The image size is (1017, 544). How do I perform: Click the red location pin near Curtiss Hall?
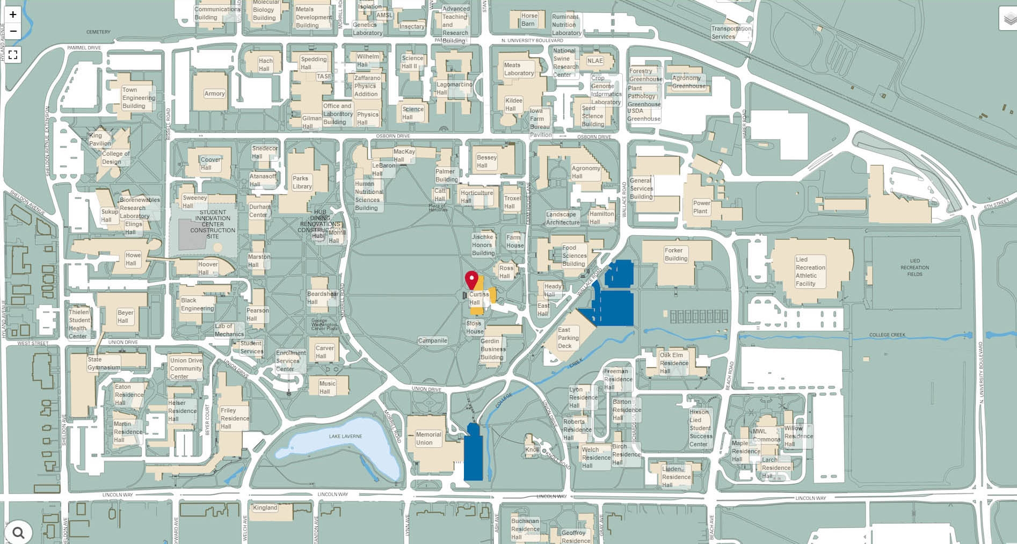point(471,280)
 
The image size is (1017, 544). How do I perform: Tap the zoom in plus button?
point(13,14)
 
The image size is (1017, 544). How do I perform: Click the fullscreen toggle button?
point(13,54)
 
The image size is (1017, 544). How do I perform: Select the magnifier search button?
point(19,532)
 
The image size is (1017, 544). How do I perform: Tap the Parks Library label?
point(302,183)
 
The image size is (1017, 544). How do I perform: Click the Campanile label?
point(432,340)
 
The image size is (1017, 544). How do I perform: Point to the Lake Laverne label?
point(345,436)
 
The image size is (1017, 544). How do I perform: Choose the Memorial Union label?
point(428,439)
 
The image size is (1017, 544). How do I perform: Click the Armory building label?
point(214,93)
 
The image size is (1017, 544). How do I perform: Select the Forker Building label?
point(675,254)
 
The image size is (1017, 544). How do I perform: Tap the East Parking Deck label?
point(568,338)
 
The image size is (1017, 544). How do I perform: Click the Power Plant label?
point(701,207)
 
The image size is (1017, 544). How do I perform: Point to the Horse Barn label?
point(528,19)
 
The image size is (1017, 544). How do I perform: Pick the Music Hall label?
point(327,387)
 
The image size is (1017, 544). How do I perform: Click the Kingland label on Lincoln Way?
point(265,507)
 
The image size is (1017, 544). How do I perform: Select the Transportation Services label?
point(731,33)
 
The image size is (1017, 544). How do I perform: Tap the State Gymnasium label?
point(104,364)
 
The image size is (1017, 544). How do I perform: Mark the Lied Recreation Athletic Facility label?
point(810,271)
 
